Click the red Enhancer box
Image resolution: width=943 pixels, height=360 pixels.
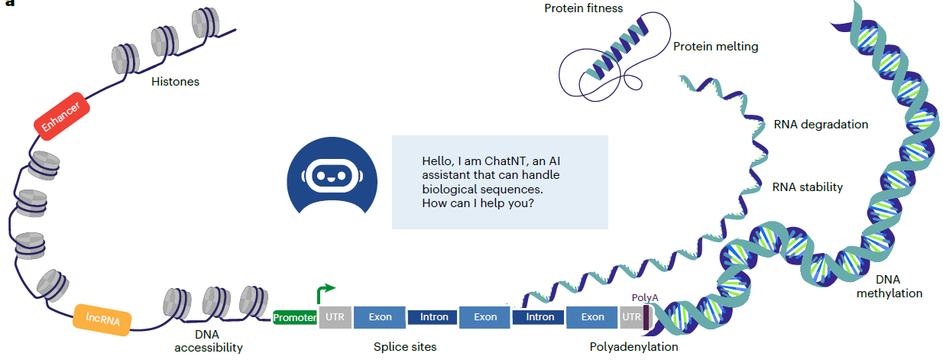[x=63, y=118]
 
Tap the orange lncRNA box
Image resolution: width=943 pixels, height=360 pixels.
[x=101, y=317]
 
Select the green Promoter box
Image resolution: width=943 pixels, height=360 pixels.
[x=295, y=317]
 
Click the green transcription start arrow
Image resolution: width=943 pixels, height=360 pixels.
[x=325, y=292]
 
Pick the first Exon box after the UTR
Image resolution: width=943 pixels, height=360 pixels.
[x=380, y=316]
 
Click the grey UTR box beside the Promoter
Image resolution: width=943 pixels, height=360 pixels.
[x=335, y=316]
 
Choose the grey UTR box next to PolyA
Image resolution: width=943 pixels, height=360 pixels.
[x=631, y=316]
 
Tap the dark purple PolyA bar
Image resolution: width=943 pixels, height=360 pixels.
[x=646, y=317]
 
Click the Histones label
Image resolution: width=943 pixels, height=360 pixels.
[x=174, y=81]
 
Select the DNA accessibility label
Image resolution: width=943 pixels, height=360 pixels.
[x=208, y=341]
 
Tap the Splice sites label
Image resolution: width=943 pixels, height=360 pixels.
[x=405, y=347]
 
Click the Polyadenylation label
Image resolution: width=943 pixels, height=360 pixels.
[x=634, y=347]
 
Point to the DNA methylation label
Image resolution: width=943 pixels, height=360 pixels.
[x=889, y=287]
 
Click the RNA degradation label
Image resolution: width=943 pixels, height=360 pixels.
[x=821, y=124]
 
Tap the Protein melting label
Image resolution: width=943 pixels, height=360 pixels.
[x=715, y=47]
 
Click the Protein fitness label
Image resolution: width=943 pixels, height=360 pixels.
[x=584, y=8]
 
